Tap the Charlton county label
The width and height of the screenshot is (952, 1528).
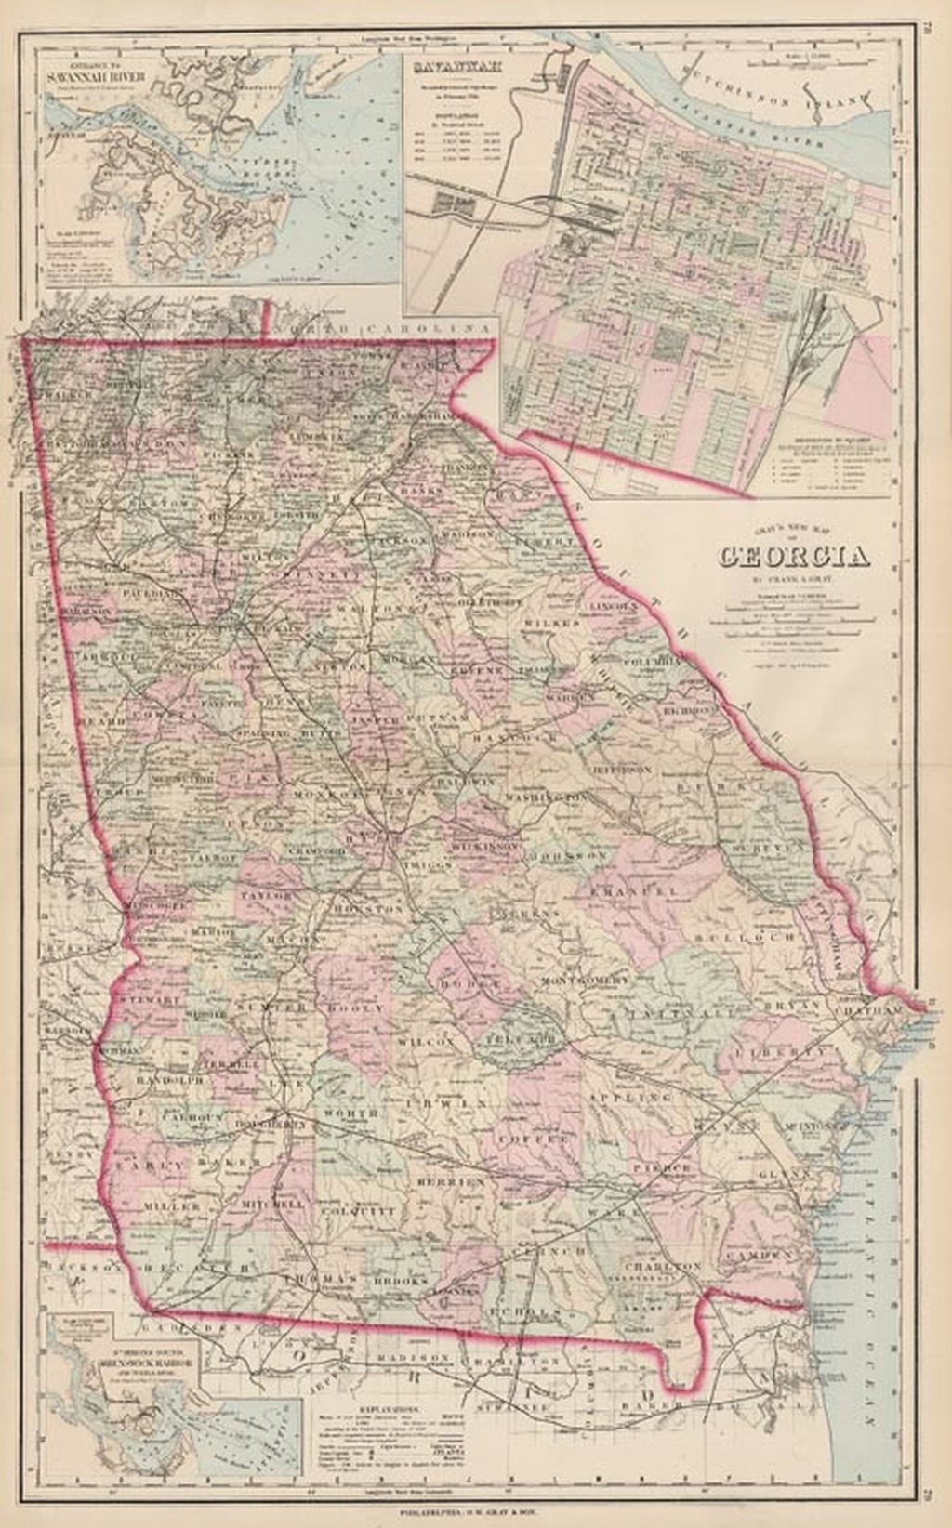[662, 1266]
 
